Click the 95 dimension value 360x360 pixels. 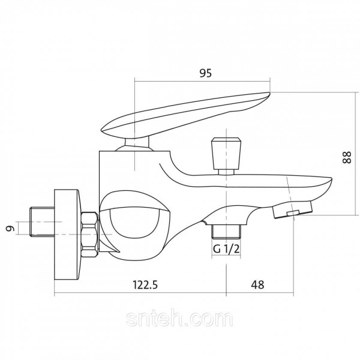pos(205,73)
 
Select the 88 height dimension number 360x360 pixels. pos(347,157)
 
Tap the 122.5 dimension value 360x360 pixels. pos(145,285)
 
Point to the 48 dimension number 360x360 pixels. pos(257,285)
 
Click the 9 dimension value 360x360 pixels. pos(10,228)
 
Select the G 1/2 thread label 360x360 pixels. pos(226,249)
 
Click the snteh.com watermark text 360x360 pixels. pos(179,319)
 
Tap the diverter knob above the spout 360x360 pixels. pos(226,154)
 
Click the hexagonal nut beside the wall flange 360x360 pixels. pos(90,234)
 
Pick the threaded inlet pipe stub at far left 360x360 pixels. pos(42,222)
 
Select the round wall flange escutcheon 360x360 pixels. pos(67,235)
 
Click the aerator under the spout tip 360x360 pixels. pos(292,209)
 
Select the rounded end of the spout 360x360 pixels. pos(326,185)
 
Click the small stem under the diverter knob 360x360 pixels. pos(226,172)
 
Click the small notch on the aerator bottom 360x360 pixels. pos(293,213)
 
